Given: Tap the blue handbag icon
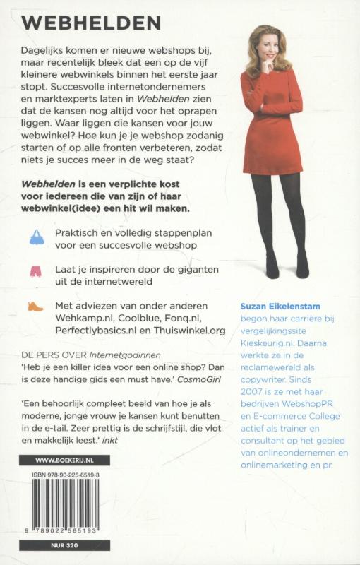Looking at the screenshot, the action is (36, 237).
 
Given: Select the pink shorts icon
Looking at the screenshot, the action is (36, 271).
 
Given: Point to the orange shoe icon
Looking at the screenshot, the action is (36, 307).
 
